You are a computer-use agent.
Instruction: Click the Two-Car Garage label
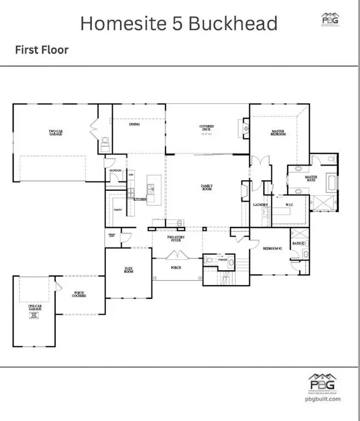pyautogui.click(x=55, y=132)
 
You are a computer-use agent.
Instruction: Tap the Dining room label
pyautogui.click(x=134, y=124)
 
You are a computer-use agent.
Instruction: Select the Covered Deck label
pyautogui.click(x=207, y=128)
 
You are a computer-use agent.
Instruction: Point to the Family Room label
pyautogui.click(x=207, y=187)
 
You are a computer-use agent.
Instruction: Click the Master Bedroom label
pyautogui.click(x=278, y=133)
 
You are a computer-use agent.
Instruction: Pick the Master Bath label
pyautogui.click(x=311, y=179)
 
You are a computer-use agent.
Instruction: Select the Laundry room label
pyautogui.click(x=260, y=205)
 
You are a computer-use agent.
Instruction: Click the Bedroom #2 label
pyautogui.click(x=272, y=248)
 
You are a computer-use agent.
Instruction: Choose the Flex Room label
pyautogui.click(x=128, y=270)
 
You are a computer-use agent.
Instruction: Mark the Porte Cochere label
pyautogui.click(x=81, y=294)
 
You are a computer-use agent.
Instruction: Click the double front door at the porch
pyautogui.click(x=178, y=254)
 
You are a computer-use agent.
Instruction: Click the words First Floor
pyautogui.click(x=41, y=50)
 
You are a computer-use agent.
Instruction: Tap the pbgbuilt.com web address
pyautogui.click(x=322, y=399)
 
